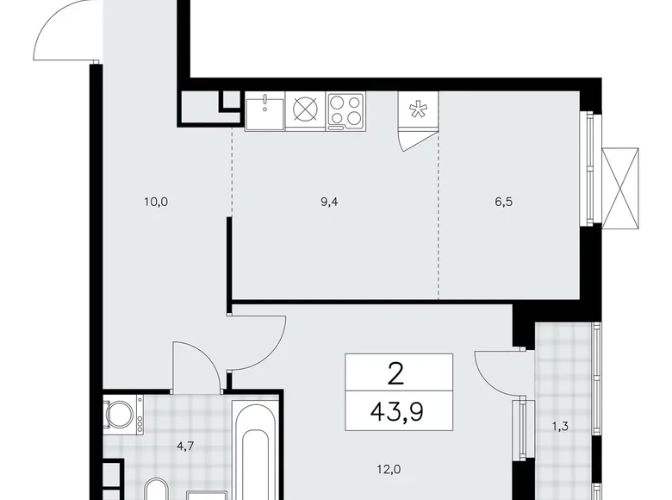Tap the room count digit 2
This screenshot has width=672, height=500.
(396, 373)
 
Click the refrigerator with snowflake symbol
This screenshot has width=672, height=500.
(418, 112)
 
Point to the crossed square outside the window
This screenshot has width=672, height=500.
(622, 189)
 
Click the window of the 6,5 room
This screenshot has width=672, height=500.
(590, 169)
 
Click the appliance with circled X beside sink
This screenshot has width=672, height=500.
(306, 111)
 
